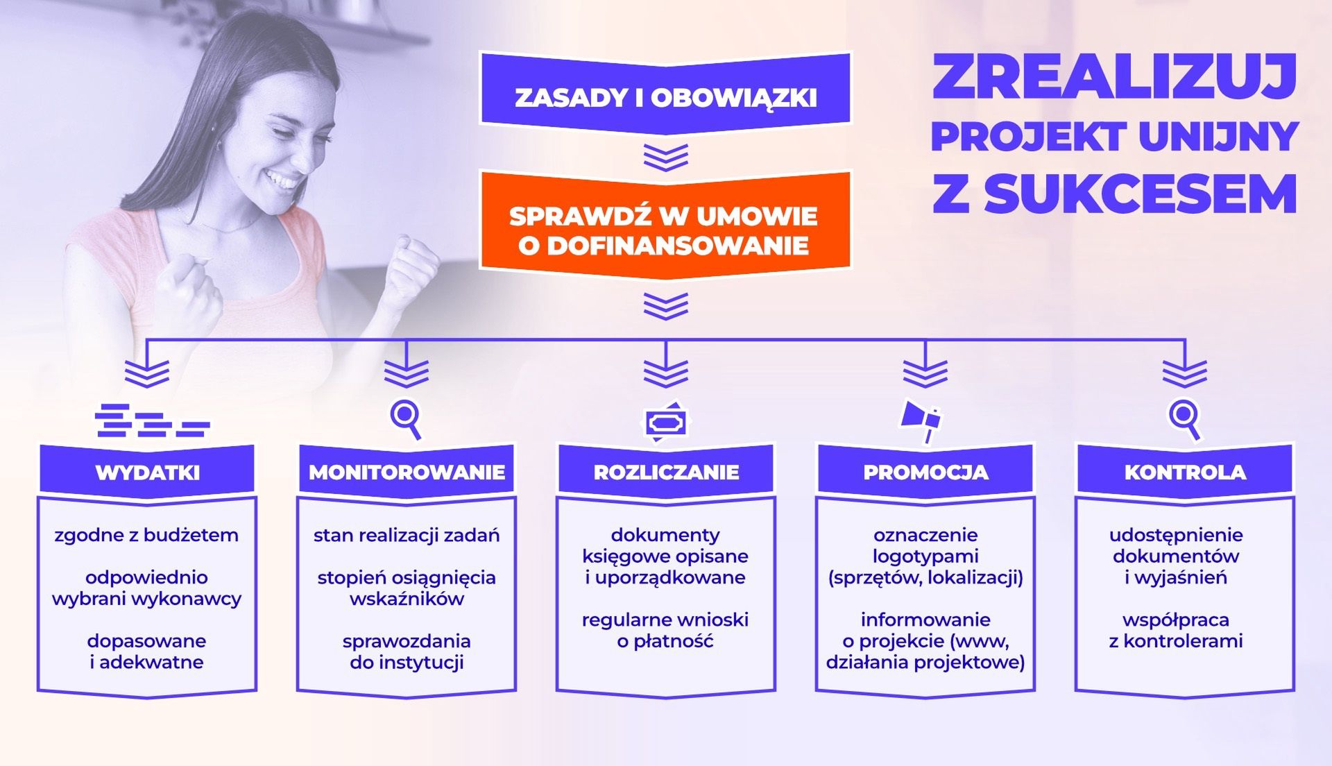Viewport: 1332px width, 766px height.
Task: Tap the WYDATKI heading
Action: [147, 473]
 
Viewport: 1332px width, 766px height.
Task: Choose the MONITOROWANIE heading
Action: [407, 473]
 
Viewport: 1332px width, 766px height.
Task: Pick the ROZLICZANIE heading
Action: [666, 473]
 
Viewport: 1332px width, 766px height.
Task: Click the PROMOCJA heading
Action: [925, 473]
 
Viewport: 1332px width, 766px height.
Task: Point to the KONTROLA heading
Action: [1185, 473]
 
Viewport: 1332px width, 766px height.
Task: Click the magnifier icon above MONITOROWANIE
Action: [407, 419]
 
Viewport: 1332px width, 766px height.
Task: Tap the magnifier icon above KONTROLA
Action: [1185, 419]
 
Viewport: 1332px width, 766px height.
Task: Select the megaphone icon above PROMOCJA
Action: [921, 420]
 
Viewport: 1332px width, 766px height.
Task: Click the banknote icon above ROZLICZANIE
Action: [666, 422]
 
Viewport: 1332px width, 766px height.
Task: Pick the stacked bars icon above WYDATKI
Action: [153, 420]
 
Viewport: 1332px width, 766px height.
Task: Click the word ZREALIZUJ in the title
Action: [1114, 76]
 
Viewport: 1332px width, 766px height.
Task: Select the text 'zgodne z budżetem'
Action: [146, 536]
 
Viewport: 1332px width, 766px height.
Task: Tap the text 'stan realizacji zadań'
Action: [407, 536]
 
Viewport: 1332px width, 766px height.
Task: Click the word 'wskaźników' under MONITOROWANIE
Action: [407, 599]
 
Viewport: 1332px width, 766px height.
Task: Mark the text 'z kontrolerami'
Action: [1176, 641]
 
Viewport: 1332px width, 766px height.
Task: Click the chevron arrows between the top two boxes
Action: [666, 157]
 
